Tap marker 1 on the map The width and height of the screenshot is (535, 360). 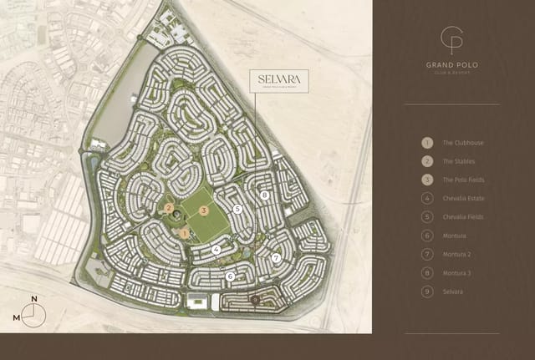185,233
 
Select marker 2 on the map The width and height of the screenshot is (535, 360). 169,208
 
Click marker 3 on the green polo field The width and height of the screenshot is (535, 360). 205,210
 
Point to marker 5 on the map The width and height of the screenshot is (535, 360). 238,210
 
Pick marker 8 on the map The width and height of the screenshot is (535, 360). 264,195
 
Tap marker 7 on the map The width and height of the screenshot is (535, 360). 276,258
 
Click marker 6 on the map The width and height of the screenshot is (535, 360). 230,276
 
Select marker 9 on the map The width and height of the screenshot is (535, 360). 255,298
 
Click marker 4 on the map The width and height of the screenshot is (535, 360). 216,248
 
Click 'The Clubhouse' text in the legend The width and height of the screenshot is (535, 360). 463,143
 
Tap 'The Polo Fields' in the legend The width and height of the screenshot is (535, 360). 463,180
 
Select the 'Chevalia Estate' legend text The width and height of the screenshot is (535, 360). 463,199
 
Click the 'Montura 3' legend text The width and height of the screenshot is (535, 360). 457,273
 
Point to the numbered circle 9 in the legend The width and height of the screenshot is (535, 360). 427,292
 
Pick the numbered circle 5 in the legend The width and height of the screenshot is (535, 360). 427,217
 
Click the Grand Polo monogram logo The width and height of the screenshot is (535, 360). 451,41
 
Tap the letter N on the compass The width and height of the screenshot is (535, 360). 34,299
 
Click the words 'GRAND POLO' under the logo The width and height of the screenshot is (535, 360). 451,65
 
